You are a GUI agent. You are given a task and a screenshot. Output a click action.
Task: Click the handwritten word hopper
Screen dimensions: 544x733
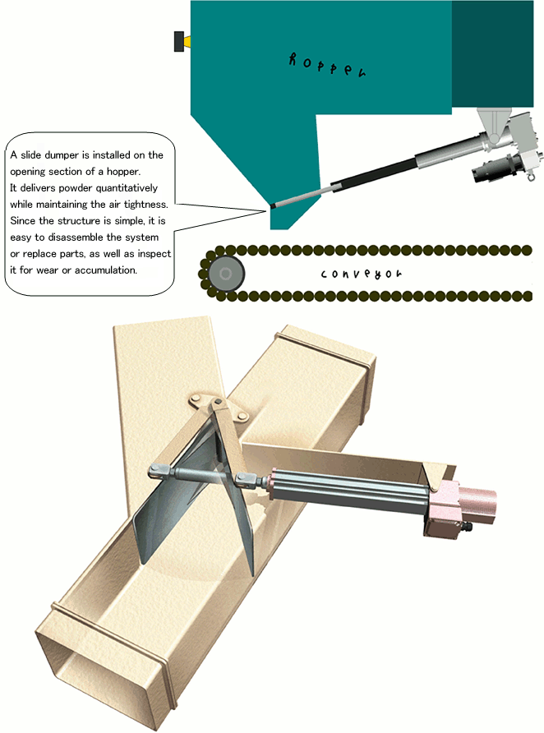point(327,65)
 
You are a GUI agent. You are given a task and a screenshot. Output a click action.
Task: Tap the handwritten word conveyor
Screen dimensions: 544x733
point(361,274)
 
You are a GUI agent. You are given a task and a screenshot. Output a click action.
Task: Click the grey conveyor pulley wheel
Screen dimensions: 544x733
point(226,274)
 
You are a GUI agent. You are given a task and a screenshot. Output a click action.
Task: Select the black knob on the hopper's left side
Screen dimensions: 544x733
point(178,41)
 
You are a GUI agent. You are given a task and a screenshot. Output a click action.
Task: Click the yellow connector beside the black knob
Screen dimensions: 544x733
point(187,42)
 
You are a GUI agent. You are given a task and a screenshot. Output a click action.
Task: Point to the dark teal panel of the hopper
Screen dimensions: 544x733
point(492,53)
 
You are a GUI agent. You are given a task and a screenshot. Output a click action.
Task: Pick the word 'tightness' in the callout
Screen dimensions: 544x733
point(145,205)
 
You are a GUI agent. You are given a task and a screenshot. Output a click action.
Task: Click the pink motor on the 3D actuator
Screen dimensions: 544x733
point(462,507)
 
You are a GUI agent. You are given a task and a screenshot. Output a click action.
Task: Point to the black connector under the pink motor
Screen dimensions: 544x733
point(466,527)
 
